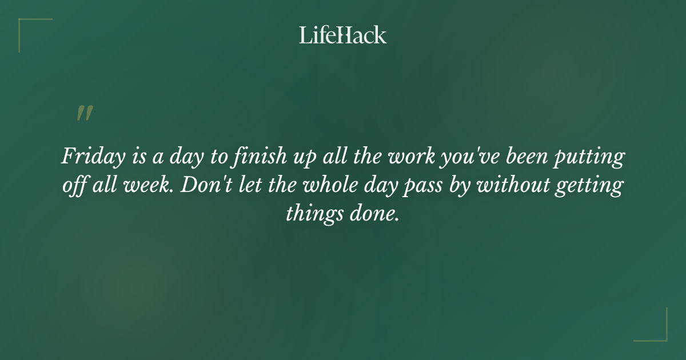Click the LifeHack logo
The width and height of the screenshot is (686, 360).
(342, 35)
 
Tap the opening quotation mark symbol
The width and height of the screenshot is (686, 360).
(84, 113)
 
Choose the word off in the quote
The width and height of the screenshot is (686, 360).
(74, 186)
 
